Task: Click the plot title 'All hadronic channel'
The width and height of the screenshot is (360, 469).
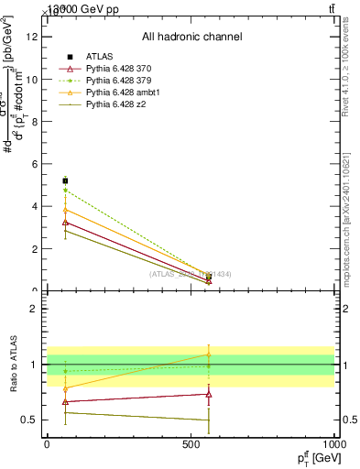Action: coord(191,37)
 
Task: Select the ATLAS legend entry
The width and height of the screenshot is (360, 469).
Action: coord(100,58)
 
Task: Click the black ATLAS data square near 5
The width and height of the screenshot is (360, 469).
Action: coord(65,180)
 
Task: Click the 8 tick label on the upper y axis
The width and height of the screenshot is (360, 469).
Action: coord(34,122)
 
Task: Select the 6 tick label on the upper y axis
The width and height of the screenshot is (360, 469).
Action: coord(34,164)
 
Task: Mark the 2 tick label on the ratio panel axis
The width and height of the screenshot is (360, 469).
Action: coord(34,309)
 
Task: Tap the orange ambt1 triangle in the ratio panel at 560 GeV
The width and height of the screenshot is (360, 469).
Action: coord(209,354)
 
